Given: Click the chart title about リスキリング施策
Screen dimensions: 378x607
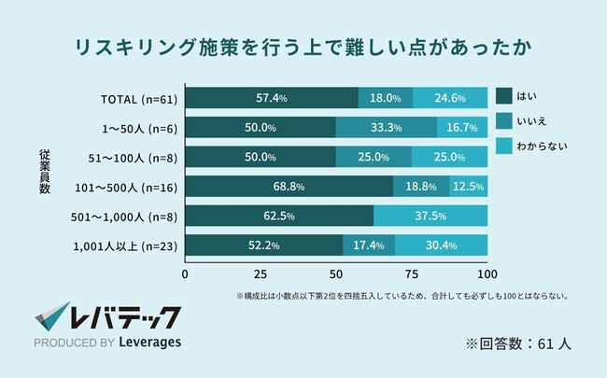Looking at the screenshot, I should [304, 46].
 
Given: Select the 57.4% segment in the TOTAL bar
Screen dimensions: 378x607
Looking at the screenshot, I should [272, 98].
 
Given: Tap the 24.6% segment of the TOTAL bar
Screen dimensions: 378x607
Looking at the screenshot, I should [449, 98].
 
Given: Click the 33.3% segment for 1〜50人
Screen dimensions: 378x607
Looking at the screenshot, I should [387, 127].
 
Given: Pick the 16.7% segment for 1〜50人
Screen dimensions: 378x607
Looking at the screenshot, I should [462, 127].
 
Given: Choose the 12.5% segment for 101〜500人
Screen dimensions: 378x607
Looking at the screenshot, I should [469, 187].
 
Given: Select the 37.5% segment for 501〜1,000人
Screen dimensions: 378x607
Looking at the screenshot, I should [431, 217].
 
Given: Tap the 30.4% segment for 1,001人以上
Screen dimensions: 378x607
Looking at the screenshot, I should [441, 246].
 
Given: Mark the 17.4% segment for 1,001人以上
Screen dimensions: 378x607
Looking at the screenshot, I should [369, 246].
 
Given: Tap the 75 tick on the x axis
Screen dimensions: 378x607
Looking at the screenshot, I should [412, 274].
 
